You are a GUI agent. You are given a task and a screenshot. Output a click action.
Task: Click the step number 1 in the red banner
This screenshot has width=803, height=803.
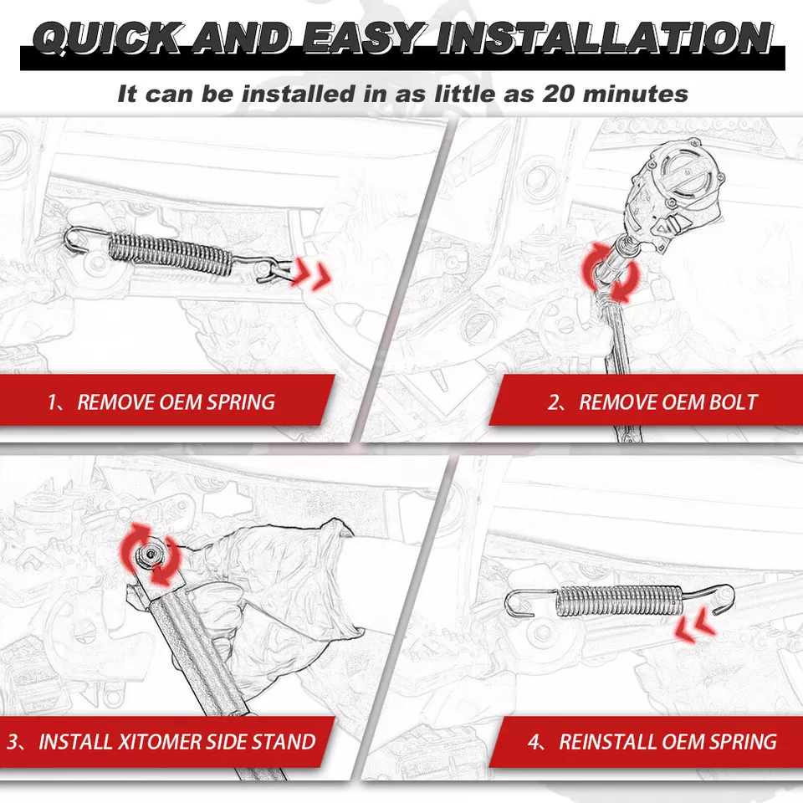point(54,401)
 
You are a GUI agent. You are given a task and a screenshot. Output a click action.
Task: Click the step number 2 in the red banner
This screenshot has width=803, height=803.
point(554,401)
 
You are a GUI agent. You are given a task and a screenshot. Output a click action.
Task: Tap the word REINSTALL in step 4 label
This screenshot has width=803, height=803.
point(607,741)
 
